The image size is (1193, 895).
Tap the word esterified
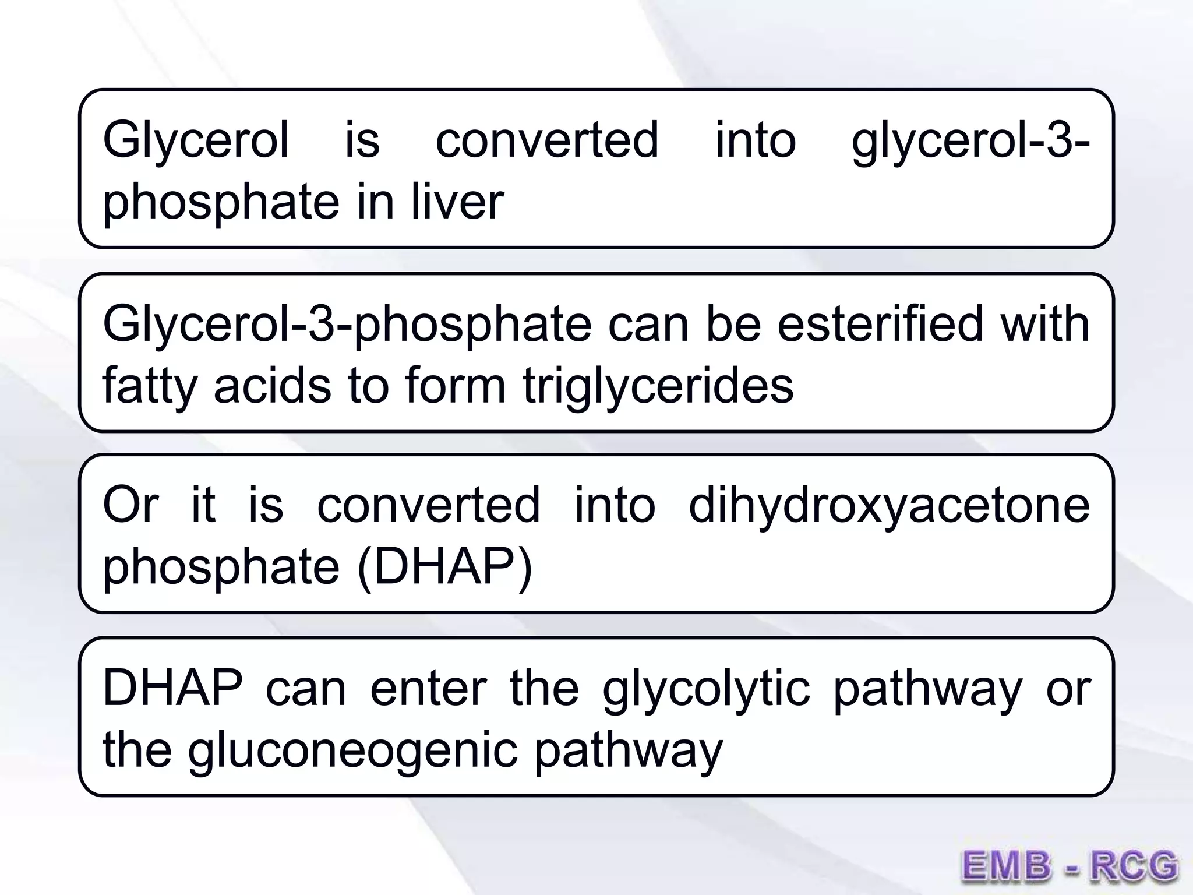880,324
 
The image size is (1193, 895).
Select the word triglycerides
658,386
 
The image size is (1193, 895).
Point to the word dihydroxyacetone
889,505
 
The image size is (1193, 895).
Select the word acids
273,386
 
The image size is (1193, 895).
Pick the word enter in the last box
428,689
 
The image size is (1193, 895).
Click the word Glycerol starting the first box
196,141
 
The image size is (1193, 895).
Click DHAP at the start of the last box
173,689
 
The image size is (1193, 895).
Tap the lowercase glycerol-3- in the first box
970,141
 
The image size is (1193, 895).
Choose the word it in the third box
203,505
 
